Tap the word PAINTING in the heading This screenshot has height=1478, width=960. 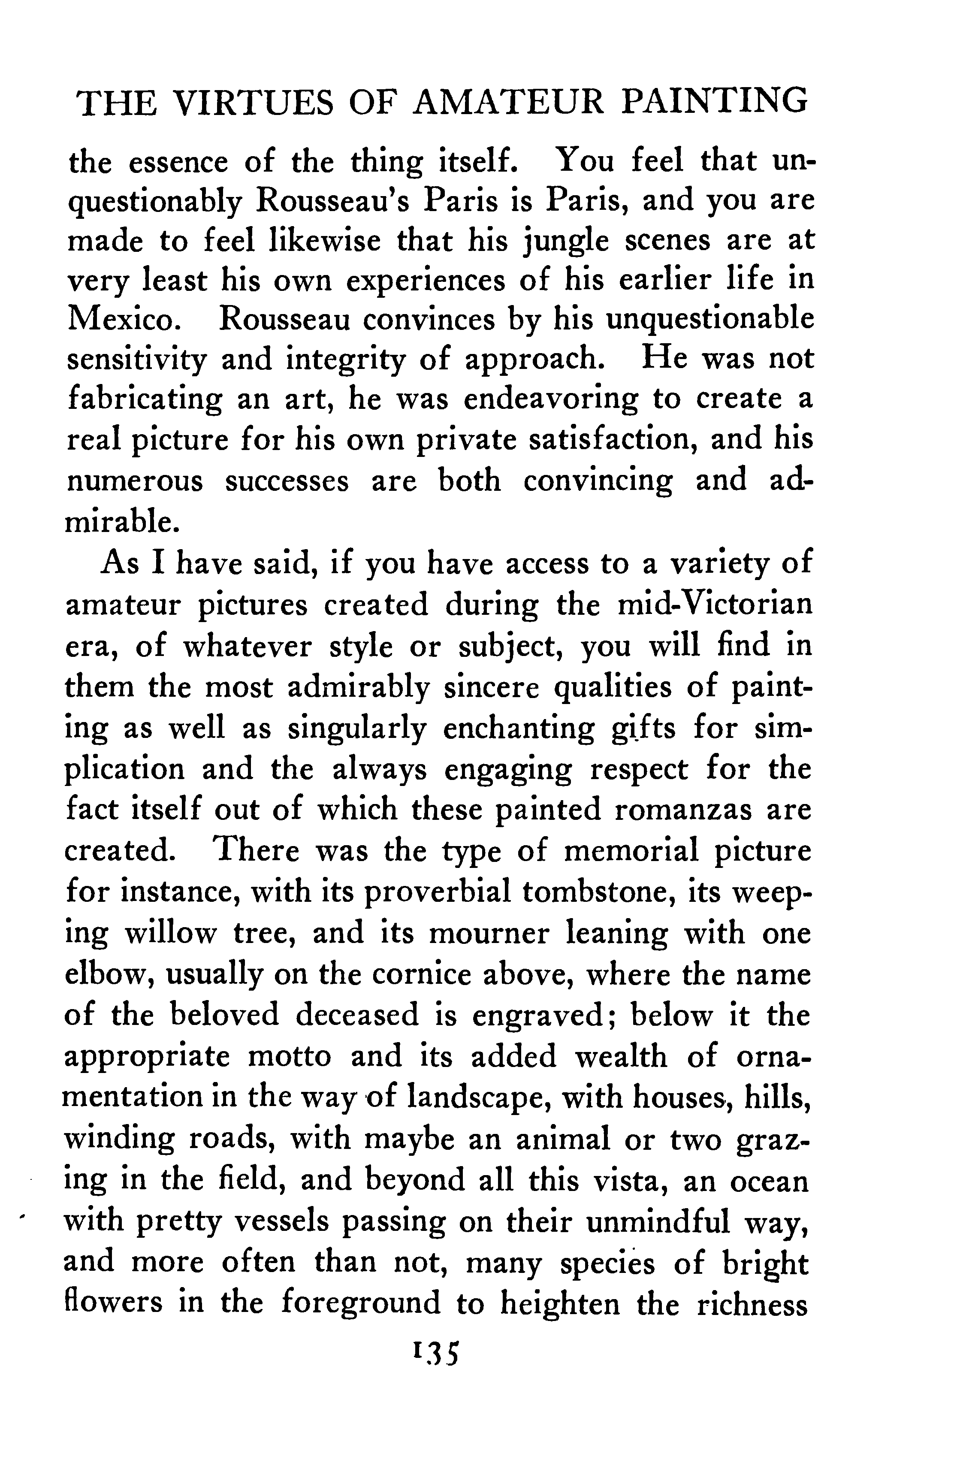pyautogui.click(x=714, y=103)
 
